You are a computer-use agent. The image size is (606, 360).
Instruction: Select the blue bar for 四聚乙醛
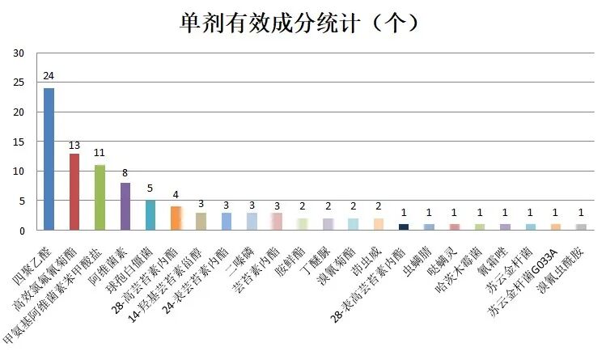[49, 159]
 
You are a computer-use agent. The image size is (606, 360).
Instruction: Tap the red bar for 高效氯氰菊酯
[74, 192]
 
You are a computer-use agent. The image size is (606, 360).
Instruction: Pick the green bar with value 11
[100, 197]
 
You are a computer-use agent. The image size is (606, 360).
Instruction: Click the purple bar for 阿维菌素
[125, 206]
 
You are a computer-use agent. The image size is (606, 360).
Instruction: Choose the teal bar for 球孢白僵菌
[150, 215]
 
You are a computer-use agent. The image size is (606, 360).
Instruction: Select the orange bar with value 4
[176, 218]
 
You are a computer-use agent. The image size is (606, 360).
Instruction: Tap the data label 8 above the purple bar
[125, 173]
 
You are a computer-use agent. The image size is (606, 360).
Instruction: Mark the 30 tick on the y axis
[20, 53]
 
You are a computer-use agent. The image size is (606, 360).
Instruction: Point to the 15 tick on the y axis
[20, 142]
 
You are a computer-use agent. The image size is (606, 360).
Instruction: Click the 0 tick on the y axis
[23, 231]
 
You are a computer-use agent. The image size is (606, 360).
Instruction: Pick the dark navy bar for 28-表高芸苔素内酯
[403, 227]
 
